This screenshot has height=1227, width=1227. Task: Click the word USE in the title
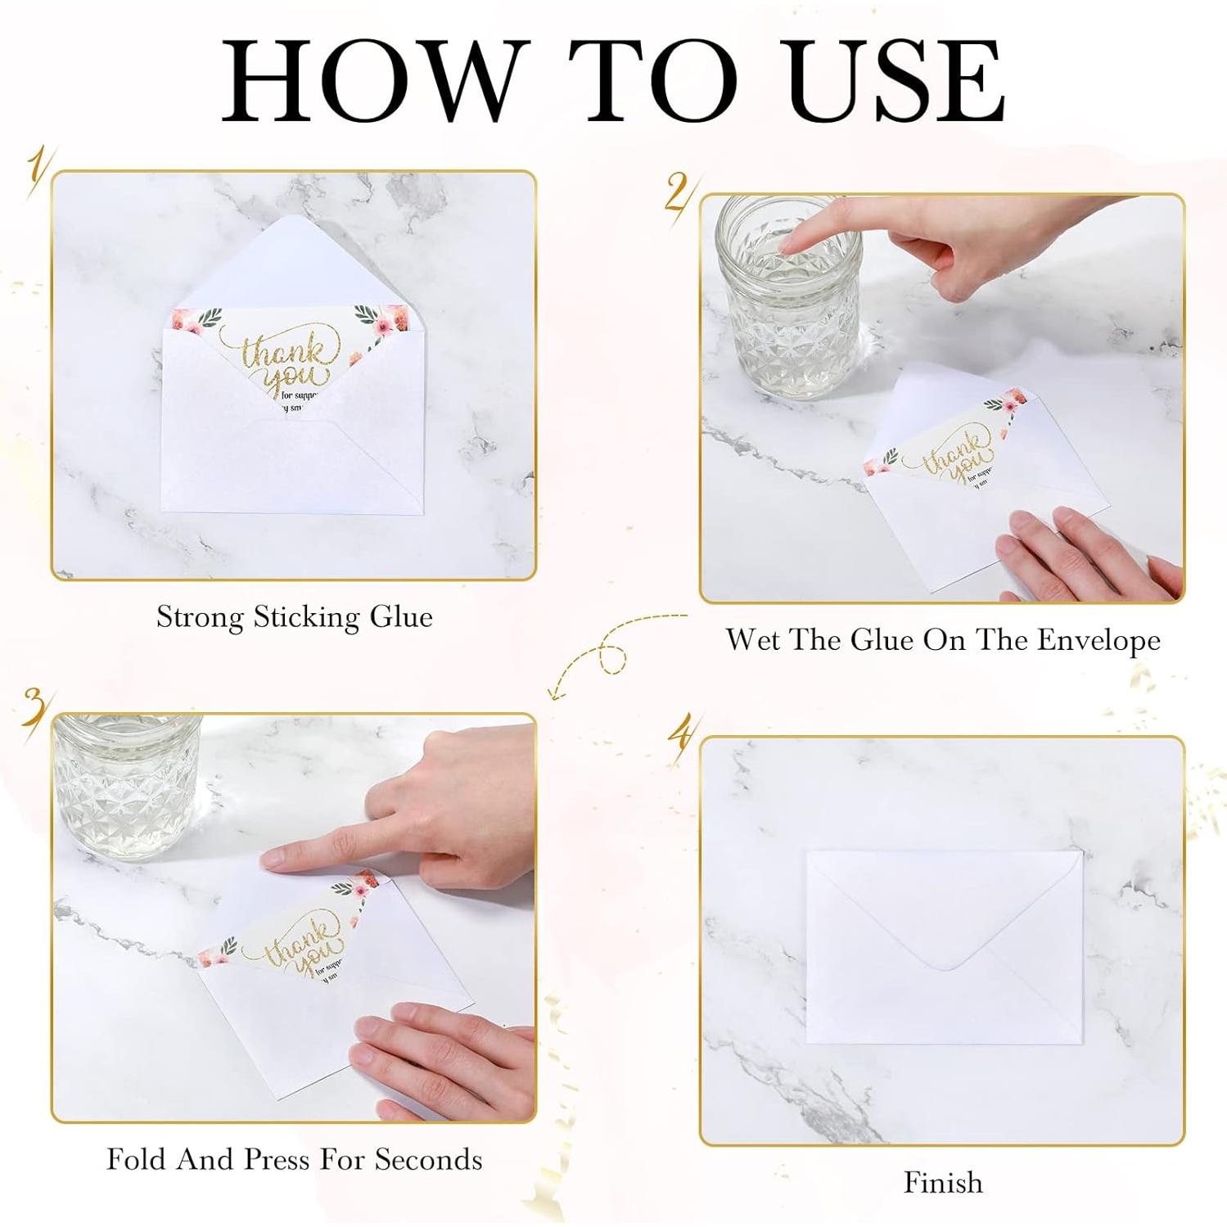(898, 81)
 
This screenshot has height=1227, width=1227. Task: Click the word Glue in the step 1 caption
(401, 616)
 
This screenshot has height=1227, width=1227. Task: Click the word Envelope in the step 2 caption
(1098, 640)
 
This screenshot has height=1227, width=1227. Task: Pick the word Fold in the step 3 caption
(137, 1159)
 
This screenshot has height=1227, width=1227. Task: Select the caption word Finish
(943, 1183)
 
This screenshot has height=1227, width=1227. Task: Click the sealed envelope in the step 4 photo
(945, 947)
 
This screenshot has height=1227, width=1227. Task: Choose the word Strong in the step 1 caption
(200, 616)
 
